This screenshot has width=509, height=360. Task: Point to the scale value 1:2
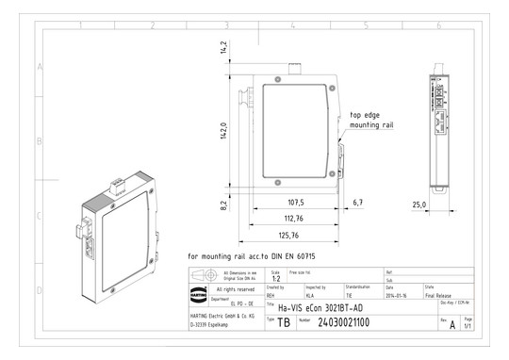pyautogui.click(x=274, y=279)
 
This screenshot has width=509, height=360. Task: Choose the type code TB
pyautogui.click(x=284, y=322)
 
